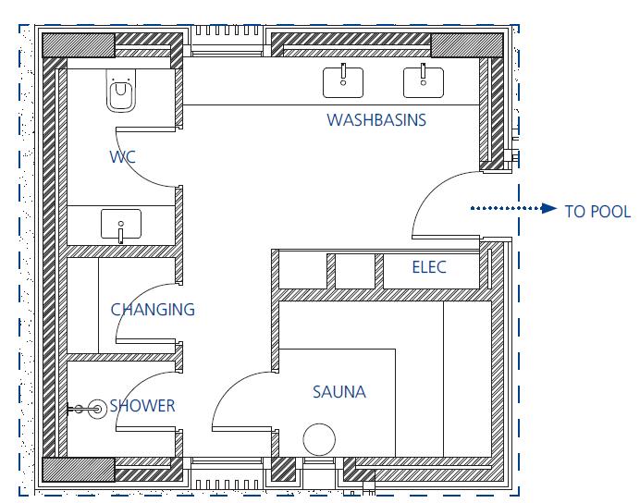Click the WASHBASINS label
(x=376, y=120)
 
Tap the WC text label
(x=122, y=156)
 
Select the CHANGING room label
(x=153, y=310)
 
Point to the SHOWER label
(x=142, y=406)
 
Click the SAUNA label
(x=339, y=392)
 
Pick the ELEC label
(x=429, y=267)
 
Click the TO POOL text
(x=597, y=212)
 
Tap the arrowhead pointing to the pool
(x=548, y=208)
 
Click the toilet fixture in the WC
(x=121, y=91)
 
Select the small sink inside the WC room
(x=121, y=225)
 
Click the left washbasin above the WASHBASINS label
(x=343, y=81)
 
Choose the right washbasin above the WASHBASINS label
(x=424, y=81)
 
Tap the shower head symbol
(x=97, y=409)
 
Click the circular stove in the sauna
(x=319, y=439)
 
